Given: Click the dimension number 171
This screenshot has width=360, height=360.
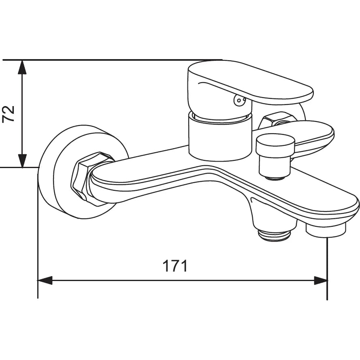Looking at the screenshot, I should click(175, 266).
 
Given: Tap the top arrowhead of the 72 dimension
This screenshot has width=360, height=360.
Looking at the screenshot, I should click(22, 67).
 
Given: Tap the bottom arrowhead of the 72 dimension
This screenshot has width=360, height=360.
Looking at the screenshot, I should click(22, 160).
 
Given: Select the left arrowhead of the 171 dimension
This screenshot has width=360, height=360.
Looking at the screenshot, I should click(45, 280).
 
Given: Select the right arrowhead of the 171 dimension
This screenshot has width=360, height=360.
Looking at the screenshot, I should click(320, 280).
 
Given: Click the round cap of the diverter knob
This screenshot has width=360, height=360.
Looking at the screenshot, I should click(275, 145).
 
